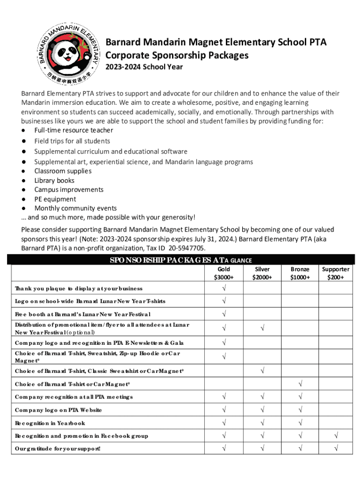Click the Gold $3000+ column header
(x=223, y=273)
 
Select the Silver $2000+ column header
(x=262, y=273)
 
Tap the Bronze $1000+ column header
(x=300, y=273)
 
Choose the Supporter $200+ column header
(x=335, y=273)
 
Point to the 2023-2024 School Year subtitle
(x=144, y=67)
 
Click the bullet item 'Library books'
(x=54, y=180)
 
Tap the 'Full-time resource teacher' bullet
(x=73, y=130)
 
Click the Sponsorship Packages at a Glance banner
(x=180, y=261)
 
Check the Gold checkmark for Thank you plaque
(x=223, y=288)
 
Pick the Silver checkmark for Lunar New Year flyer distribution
(x=262, y=328)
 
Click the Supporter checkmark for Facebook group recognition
(x=335, y=436)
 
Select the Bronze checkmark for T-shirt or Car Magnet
(x=300, y=384)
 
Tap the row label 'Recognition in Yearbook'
(x=50, y=423)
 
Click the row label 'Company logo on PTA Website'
(x=58, y=410)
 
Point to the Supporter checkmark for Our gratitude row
(x=335, y=449)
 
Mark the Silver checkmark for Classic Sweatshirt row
(x=262, y=371)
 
